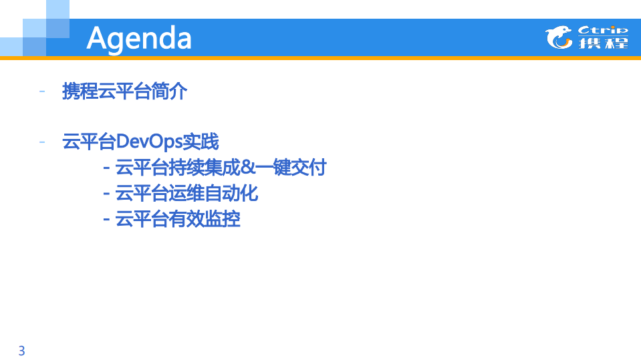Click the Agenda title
pyautogui.click(x=139, y=38)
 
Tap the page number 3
pyautogui.click(x=21, y=351)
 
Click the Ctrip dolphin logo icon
pyautogui.click(x=559, y=37)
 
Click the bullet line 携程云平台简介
pyautogui.click(x=124, y=91)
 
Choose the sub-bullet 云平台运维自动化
pyautogui.click(x=186, y=193)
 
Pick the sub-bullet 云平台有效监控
pyautogui.click(x=178, y=218)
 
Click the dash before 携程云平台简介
pyautogui.click(x=43, y=91)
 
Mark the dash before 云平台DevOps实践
pyautogui.click(x=43, y=142)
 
